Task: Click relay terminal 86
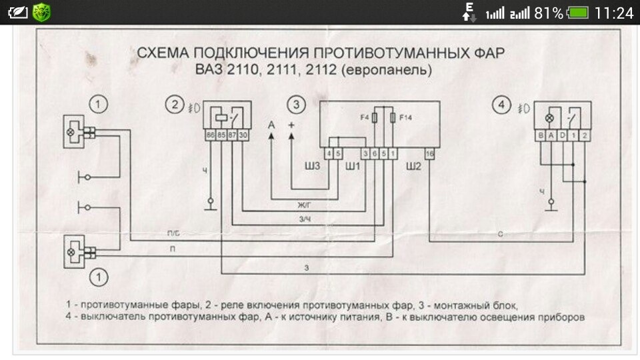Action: point(210,136)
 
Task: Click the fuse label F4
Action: point(364,117)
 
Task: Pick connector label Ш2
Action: point(415,165)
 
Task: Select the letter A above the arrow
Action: point(271,125)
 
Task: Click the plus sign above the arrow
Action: point(291,125)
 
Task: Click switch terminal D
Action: point(563,136)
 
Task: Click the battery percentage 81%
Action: point(549,13)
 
